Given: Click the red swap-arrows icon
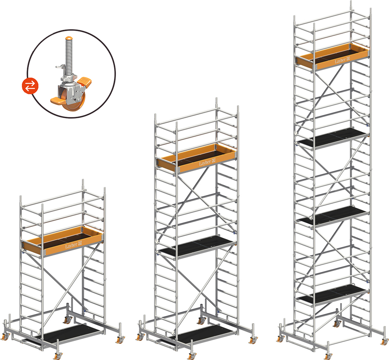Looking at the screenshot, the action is (x=30, y=86).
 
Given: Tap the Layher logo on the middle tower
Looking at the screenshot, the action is (x=207, y=162).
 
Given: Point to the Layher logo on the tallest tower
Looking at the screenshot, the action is (x=342, y=60).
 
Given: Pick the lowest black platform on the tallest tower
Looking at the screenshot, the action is (x=332, y=294).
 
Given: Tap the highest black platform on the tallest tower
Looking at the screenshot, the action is (x=332, y=137).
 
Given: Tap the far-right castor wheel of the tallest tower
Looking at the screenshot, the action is (x=385, y=341).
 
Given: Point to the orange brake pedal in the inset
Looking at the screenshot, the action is (x=84, y=81).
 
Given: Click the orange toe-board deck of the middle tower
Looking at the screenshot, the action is (x=197, y=158).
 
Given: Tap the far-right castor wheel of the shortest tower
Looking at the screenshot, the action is (x=121, y=339).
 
